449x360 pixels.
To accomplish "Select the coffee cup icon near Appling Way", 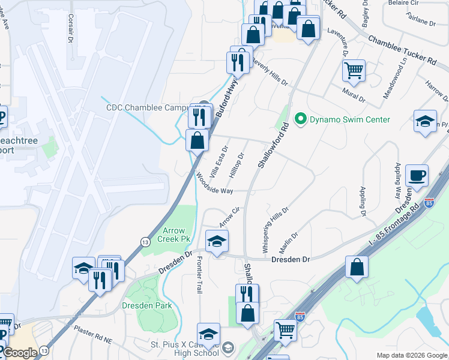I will pos(417,176).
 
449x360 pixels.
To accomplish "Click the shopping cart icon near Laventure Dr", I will pos(354,70).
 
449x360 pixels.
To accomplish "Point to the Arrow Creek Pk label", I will pos(177,235).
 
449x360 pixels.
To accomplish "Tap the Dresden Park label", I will pos(147,305).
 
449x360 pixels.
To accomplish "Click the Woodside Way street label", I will pos(214,184).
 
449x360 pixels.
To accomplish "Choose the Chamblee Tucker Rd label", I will pos(402,50).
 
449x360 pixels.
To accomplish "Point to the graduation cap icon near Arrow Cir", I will pos(217,241).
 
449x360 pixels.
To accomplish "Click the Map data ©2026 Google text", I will pos(411,355).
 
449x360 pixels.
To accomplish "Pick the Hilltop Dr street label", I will pos(237,164).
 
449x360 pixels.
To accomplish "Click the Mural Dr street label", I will pos(354,93).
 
